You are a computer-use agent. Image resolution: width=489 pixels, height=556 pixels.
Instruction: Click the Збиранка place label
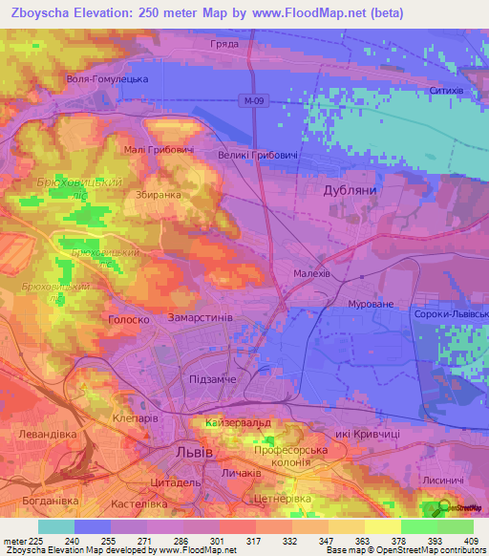(158, 195)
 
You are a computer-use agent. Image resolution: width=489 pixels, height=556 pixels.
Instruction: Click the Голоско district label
(126, 321)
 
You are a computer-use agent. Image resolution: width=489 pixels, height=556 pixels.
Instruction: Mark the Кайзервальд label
(238, 421)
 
